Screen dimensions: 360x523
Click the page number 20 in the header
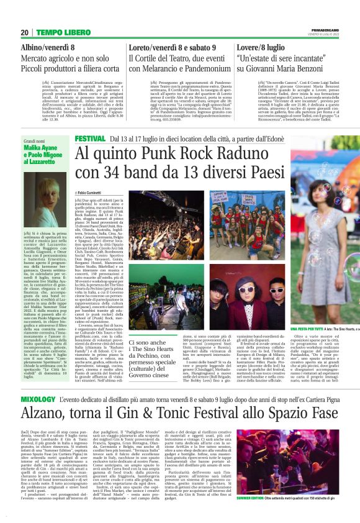24,32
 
